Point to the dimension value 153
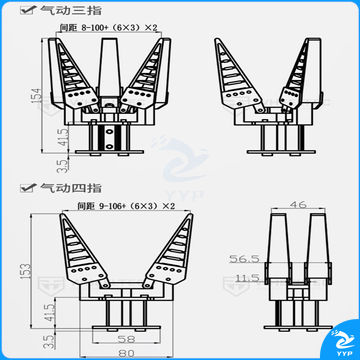pos(33,268)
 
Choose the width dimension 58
pos(125,341)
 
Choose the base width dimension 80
pos(125,352)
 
